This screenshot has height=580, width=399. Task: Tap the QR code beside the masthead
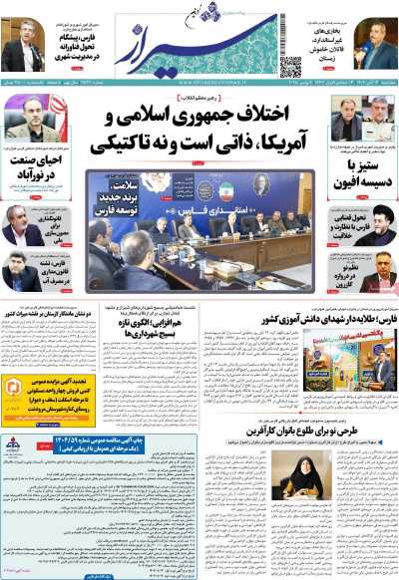pyautogui.click(x=291, y=67)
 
